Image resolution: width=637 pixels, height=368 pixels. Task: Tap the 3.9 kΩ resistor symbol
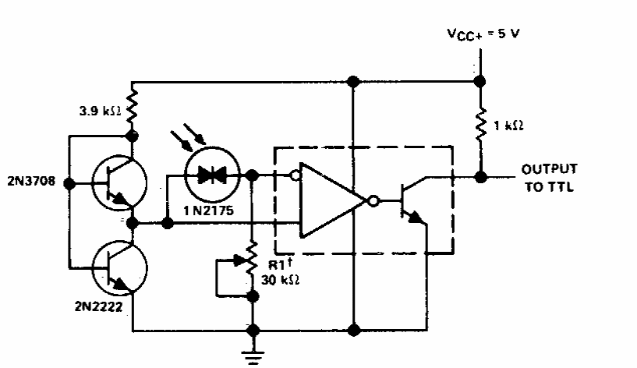coord(133,110)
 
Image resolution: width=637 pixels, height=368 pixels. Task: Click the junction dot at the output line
coord(480,176)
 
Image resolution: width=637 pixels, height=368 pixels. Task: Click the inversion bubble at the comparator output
coord(374,201)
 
